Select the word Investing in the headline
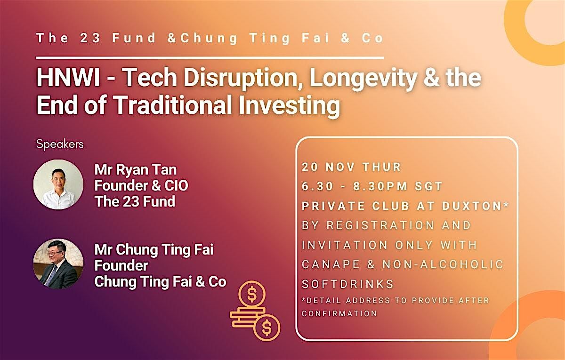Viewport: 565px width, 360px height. (289, 106)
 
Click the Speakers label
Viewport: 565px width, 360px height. (60, 144)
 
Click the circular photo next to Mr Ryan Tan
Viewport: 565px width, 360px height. (58, 184)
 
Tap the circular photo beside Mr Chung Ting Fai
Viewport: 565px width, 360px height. (58, 264)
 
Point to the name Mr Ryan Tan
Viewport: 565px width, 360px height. (136, 170)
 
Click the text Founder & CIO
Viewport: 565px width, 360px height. (141, 185)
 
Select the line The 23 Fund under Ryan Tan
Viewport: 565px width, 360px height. (135, 201)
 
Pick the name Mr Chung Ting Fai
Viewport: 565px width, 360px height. (154, 250)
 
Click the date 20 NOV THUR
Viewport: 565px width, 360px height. (351, 167)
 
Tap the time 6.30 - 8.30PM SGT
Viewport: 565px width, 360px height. (372, 186)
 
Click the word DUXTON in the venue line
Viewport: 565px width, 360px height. (472, 206)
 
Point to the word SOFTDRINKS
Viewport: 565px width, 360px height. (347, 284)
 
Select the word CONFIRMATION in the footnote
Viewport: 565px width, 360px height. (339, 313)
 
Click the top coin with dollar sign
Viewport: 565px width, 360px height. (252, 294)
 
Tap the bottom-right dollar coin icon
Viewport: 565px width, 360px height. (267, 328)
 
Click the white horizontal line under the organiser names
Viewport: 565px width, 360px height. (210, 58)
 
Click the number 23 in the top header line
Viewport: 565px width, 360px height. (90, 38)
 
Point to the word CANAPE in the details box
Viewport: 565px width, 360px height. (331, 264)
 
